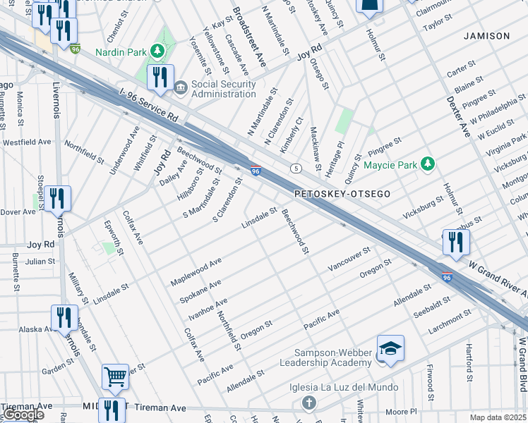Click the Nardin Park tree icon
(161, 51)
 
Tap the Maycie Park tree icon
(427, 164)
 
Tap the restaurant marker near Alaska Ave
(65, 317)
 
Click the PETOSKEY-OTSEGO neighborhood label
(342, 193)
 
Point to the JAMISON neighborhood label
(486, 36)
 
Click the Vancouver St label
(349, 259)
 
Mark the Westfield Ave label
(27, 142)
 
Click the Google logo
(23, 415)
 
